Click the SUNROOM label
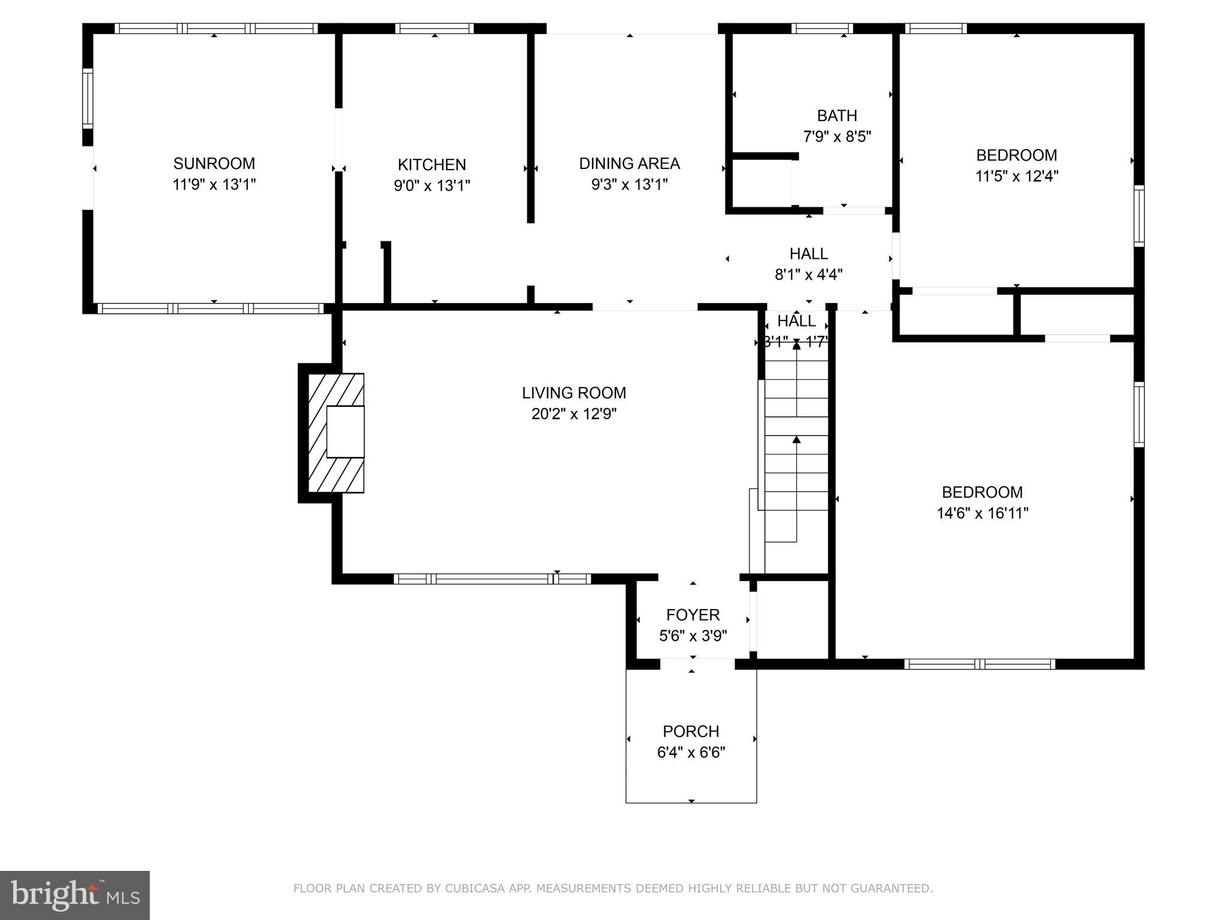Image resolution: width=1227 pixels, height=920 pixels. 214,164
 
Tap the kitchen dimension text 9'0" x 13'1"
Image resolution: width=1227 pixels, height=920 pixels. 431,186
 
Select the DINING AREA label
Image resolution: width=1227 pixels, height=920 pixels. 629,164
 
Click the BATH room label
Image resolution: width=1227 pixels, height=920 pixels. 836,116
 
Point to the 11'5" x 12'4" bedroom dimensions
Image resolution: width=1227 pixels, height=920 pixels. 1016,176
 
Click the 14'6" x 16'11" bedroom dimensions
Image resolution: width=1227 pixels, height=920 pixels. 982,513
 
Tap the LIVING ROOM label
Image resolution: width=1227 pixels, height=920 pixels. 573,393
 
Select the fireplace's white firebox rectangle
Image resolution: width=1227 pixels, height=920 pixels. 345,431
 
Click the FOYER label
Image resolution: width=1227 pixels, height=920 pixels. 693,615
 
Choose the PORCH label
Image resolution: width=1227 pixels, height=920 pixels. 690,731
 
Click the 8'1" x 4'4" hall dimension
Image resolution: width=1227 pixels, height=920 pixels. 808,274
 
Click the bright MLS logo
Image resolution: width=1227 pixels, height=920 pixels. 74,895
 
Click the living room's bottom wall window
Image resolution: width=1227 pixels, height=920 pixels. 492,579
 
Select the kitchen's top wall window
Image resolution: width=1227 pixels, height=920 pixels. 434,28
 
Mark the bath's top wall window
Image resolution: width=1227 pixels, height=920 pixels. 821,28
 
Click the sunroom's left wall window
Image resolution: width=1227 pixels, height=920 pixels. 87,98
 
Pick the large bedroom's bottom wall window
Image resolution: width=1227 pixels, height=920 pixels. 979,664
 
